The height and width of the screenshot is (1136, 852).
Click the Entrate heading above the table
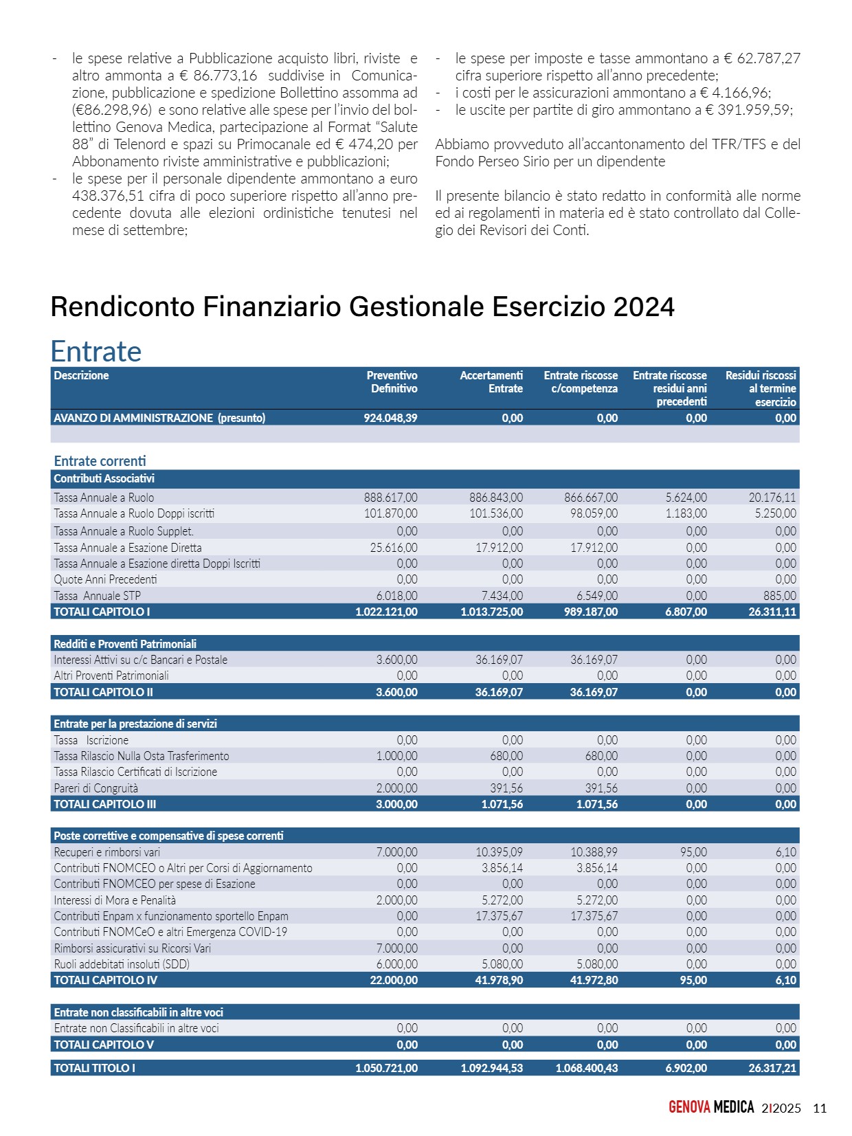96,351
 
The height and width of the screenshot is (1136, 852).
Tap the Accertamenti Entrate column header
491,382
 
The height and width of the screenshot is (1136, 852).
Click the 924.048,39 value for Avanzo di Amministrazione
390,418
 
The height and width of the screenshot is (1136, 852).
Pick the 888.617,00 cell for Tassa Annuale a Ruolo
390,498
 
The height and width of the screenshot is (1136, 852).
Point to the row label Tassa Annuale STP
97,596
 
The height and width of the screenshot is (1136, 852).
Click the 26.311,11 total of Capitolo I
772,612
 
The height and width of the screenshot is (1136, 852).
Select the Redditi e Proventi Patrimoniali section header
125,644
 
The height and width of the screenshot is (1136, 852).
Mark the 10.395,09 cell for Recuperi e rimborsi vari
499,852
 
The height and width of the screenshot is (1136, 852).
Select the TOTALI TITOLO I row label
94,1068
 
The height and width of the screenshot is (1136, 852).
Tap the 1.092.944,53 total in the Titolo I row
491,1068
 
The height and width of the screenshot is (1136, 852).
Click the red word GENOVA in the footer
689,1107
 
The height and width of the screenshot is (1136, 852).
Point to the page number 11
820,1108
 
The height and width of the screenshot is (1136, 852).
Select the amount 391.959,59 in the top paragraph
754,110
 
